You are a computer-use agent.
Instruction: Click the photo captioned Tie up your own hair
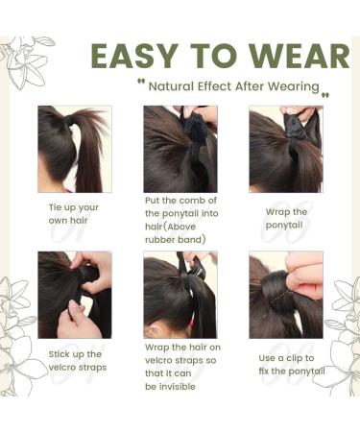point(74,149)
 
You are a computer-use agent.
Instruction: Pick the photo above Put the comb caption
point(180,149)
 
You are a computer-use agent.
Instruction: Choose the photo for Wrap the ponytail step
point(285,149)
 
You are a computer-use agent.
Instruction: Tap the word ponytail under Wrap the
point(285,225)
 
